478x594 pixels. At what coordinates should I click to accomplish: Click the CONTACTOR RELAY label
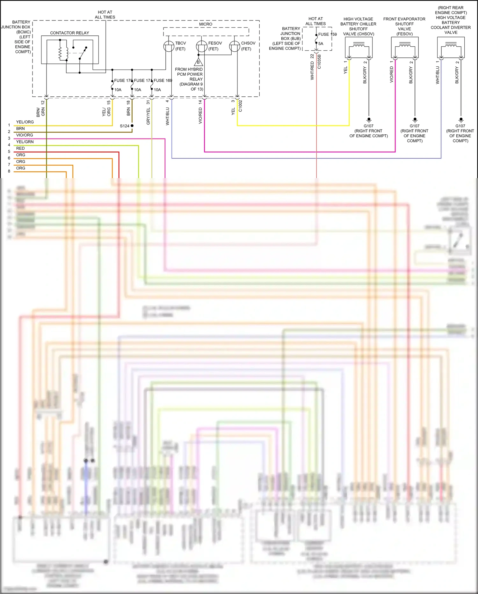pos(69,33)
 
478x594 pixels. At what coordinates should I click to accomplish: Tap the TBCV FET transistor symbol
pos(169,46)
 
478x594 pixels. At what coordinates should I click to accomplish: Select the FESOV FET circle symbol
pos(201,46)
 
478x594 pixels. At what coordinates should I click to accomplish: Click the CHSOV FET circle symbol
pos(235,46)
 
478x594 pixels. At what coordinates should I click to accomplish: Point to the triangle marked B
pos(198,62)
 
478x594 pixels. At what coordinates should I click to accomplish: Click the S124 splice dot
pos(132,126)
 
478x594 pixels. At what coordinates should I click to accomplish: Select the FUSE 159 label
pos(327,34)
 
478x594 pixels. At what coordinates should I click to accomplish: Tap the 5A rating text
pos(321,44)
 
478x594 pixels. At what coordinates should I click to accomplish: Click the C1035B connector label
pos(319,62)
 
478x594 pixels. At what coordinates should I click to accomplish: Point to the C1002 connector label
pos(240,106)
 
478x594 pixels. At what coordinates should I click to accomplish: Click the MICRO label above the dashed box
pos(206,24)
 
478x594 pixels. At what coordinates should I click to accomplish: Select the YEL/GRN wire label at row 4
pos(25,142)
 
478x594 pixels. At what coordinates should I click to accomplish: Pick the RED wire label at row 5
pos(20,148)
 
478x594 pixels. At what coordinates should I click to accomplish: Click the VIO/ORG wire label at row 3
pos(25,135)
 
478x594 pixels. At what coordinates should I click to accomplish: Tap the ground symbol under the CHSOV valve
pos(369,120)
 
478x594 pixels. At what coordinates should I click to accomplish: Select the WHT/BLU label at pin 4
pos(168,116)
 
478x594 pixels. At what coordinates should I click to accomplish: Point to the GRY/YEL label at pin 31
pos(148,116)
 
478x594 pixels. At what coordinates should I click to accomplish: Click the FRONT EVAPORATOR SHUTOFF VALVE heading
pos(404,26)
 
